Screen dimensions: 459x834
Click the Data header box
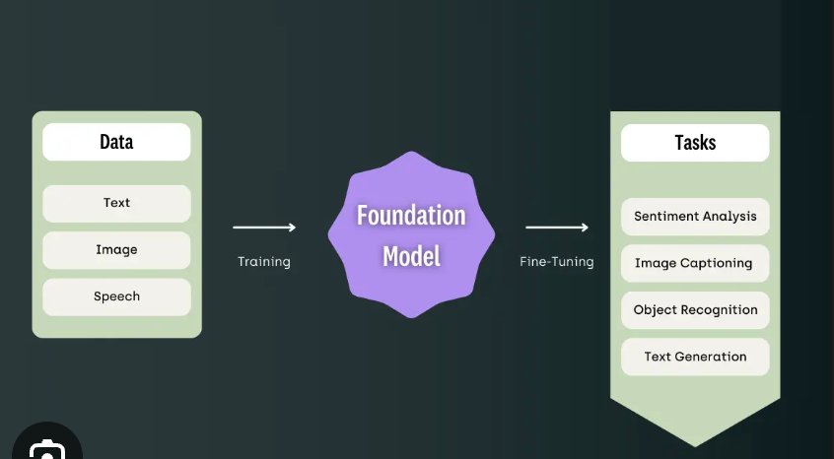[116, 142]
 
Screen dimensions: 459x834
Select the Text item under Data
[116, 203]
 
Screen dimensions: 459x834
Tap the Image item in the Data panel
[116, 250]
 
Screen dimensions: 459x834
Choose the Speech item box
[116, 296]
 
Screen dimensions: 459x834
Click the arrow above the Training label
[264, 228]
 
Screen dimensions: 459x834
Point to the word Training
[264, 262]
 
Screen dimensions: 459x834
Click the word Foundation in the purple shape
[411, 216]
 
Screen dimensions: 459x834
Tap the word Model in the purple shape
[411, 256]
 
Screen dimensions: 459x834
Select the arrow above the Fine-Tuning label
[557, 228]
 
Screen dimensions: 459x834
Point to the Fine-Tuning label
[557, 262]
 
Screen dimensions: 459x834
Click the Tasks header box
[695, 143]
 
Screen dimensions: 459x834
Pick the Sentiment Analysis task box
[695, 217]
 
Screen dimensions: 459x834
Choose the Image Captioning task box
[695, 263]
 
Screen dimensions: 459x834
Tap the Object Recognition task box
[695, 309]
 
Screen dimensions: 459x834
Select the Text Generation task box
[695, 357]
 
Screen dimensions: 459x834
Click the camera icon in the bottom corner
[45, 449]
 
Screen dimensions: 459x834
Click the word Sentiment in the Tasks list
[665, 217]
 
